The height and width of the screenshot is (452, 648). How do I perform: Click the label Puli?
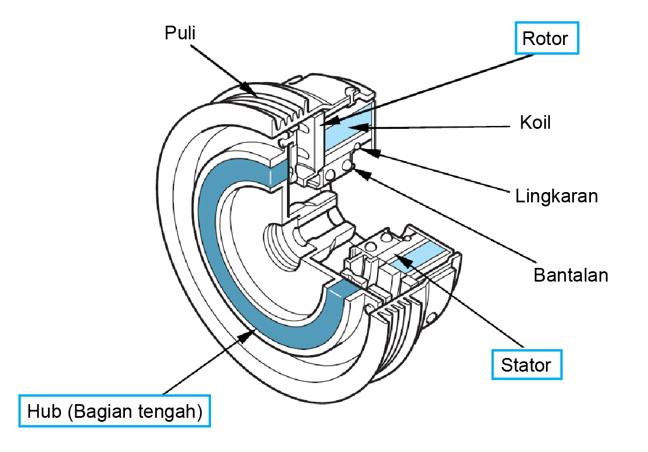[x=180, y=33]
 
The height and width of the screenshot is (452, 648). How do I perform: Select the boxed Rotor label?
[x=546, y=39]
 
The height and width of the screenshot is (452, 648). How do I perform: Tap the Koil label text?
[x=534, y=123]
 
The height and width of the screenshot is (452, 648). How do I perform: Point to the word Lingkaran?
[x=556, y=196]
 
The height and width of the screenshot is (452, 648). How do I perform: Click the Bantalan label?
[x=570, y=275]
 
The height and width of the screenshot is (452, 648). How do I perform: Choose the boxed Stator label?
[x=526, y=365]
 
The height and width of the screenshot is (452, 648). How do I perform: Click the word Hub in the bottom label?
[x=44, y=411]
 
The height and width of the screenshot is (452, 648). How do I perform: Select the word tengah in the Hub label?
[x=169, y=411]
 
